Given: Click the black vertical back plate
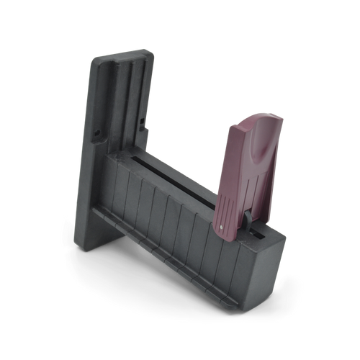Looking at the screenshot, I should (119, 108).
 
